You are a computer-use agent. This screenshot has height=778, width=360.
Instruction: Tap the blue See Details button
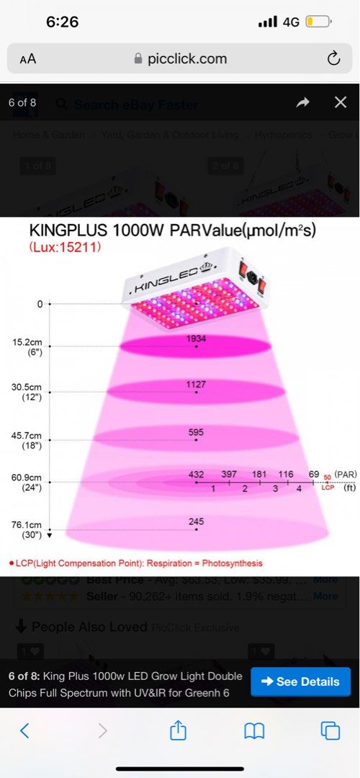coord(300,681)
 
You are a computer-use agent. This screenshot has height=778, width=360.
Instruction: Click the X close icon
coord(341,102)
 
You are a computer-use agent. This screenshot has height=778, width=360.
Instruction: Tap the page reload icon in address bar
coord(333,59)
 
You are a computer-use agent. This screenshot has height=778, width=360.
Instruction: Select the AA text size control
coord(28,59)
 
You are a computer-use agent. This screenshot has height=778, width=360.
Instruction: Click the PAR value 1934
coord(196,338)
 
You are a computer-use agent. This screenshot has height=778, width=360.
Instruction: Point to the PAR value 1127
coord(196,385)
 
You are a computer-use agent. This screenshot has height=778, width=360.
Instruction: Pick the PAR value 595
coord(196,432)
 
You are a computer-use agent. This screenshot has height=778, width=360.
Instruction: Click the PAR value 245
coord(196,521)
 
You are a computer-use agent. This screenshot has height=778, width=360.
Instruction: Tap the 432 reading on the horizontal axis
coord(196,474)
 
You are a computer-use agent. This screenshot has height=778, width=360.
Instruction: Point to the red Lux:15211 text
coord(65,247)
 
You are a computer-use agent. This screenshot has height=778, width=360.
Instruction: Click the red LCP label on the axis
coord(327,488)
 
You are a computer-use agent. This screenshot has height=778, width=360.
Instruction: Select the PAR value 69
coord(313,474)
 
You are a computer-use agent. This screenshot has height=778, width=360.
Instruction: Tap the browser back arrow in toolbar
coord(24,731)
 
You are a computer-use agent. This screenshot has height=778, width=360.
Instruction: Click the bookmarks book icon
coord(254,731)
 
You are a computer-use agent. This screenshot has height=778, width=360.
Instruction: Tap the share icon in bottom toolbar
coord(178,730)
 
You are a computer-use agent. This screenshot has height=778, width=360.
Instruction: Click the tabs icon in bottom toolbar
coord(330,731)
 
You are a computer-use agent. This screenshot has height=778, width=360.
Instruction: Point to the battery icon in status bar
coord(318,22)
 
